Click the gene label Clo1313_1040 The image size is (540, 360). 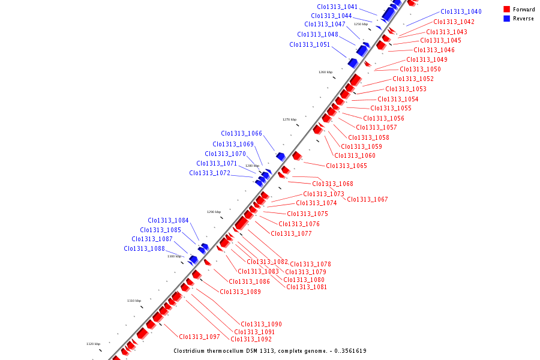(461, 11)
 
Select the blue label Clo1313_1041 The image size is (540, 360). (337, 7)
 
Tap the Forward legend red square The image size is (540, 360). (507, 10)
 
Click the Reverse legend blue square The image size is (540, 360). (507, 19)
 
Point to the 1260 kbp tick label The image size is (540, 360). (325, 72)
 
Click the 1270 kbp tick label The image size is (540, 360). (290, 119)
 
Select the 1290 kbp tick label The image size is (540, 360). (214, 212)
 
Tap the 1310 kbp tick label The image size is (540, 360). (134, 301)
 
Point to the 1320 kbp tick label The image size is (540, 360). (93, 344)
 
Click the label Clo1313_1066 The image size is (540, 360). (241, 134)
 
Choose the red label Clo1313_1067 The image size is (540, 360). (367, 199)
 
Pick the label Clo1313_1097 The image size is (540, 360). (199, 337)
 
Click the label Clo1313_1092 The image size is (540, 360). (251, 339)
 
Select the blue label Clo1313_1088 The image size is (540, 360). (144, 248)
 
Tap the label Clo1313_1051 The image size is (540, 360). (310, 44)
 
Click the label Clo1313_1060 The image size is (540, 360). (355, 156)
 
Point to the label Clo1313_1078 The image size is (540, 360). (310, 264)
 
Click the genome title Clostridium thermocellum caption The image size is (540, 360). (270, 351)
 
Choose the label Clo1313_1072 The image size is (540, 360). (209, 173)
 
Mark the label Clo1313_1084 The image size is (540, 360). (168, 220)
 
